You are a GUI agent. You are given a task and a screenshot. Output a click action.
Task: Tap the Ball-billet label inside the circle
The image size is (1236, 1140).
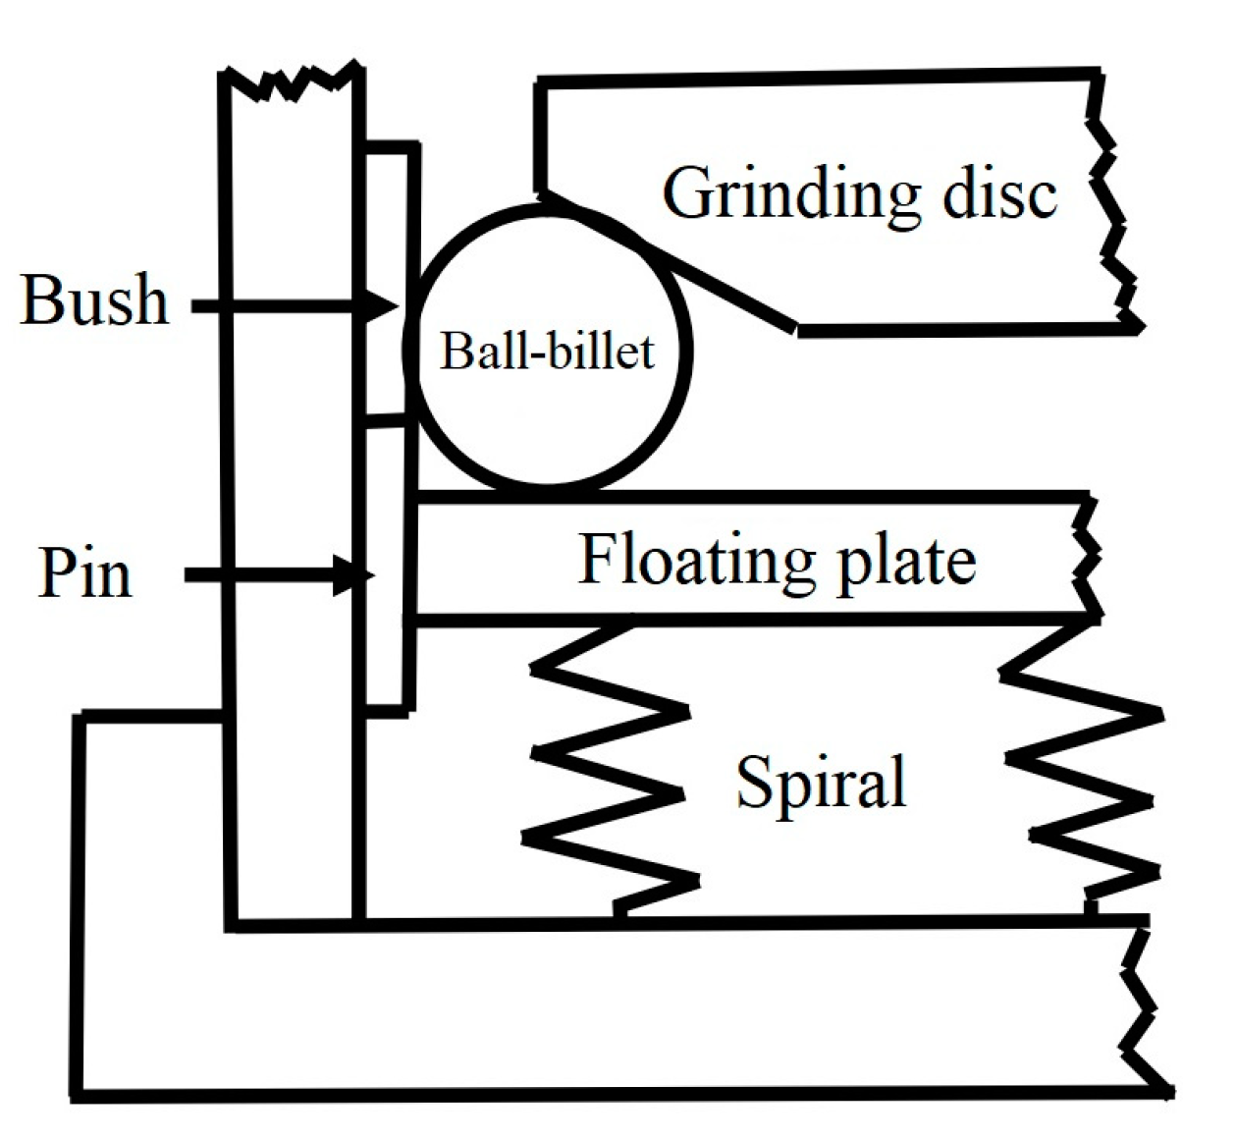point(547,351)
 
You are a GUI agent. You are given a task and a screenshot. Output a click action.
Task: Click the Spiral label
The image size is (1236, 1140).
point(821,783)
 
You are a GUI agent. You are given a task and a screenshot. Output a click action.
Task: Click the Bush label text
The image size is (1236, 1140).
point(93,300)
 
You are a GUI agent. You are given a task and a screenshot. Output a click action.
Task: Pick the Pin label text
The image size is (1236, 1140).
point(84,572)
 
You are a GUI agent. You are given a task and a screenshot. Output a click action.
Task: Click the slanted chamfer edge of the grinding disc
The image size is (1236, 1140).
point(677,262)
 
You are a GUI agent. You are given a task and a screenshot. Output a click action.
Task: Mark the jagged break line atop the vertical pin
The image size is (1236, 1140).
point(292,82)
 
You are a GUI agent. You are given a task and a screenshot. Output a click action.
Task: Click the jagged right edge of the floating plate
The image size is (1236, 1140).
point(1088,560)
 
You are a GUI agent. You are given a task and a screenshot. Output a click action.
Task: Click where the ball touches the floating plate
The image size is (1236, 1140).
point(550,490)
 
